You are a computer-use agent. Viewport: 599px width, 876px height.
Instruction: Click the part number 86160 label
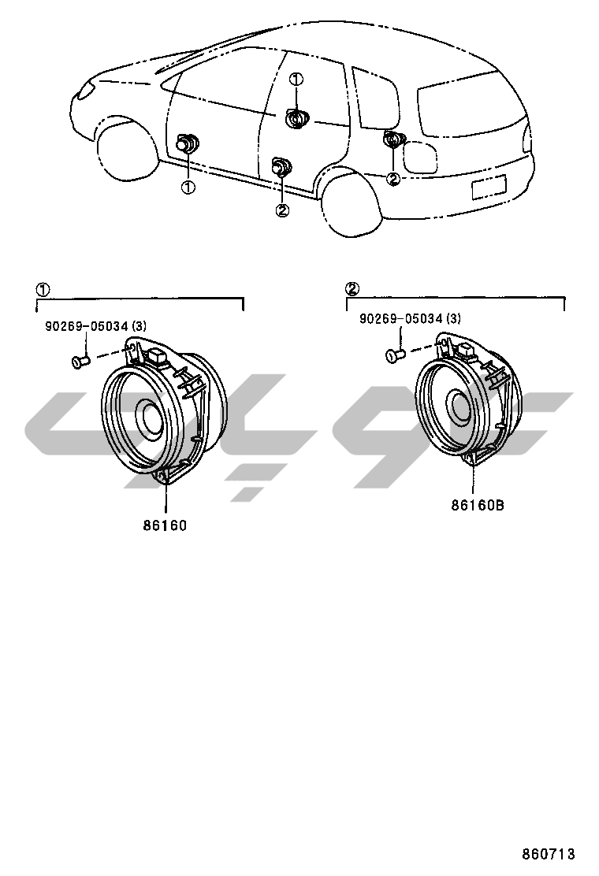165,525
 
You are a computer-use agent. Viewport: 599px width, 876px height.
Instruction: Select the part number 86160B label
477,505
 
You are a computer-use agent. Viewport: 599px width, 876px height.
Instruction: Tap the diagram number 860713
549,854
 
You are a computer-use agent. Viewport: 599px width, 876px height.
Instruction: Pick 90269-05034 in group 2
410,319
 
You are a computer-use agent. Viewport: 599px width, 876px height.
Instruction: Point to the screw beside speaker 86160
78,362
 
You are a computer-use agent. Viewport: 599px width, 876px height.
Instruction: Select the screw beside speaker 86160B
395,355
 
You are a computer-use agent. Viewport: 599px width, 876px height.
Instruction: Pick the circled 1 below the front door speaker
188,187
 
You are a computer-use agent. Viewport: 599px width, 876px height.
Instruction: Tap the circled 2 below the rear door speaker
281,210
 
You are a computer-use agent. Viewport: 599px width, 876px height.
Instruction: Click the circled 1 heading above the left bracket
43,289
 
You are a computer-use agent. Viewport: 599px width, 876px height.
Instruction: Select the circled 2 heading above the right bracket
353,288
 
